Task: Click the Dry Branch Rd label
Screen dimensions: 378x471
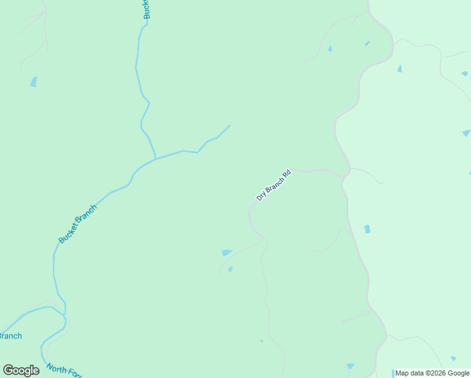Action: pos(273,185)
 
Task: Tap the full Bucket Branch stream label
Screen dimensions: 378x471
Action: pos(78,224)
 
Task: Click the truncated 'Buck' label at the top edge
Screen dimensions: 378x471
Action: pos(146,9)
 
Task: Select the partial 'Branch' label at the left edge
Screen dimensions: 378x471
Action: pos(11,336)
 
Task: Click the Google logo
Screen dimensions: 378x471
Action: pos(21,370)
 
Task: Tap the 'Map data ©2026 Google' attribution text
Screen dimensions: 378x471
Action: pos(432,373)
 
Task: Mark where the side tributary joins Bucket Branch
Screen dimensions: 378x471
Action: pos(156,158)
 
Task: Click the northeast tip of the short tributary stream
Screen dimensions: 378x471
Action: pos(229,125)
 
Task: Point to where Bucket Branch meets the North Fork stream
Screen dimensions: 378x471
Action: pos(65,312)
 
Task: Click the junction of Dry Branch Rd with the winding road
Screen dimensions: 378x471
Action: pos(344,175)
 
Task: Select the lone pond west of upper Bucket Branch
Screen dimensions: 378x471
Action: pos(33,81)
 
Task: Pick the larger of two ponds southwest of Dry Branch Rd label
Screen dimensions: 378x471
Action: pos(227,253)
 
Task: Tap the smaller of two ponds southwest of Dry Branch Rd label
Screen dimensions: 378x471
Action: pos(230,269)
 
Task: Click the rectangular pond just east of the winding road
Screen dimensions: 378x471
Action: pos(367,229)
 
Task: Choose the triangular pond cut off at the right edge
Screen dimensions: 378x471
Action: pos(467,133)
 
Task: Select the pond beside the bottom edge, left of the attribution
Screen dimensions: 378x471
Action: pos(350,366)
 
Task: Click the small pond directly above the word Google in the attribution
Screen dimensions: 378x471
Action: pos(453,358)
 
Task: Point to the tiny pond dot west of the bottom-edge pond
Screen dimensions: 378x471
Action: pos(261,341)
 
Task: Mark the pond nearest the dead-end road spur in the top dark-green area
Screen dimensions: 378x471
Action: pos(329,49)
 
